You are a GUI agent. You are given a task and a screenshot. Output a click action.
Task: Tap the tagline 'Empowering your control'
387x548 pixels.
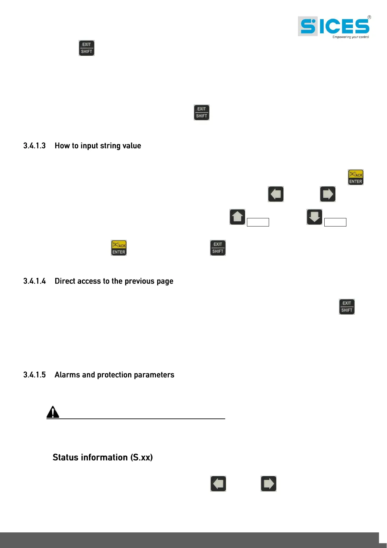pos(351,37)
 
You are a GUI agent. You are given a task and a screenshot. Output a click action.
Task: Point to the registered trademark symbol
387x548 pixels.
pos(369,17)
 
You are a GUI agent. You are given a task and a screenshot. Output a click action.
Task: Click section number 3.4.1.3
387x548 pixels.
pos(34,146)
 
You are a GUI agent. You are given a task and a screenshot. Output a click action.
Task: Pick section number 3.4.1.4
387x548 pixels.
pos(34,281)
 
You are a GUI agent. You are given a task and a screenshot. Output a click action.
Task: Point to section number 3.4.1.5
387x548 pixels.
pos(34,375)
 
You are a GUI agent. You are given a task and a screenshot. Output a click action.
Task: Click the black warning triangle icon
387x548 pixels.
pos(53,412)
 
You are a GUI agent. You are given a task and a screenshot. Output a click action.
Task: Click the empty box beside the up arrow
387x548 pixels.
pos(258,222)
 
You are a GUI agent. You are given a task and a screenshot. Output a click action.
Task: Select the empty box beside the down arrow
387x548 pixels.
pos(335,222)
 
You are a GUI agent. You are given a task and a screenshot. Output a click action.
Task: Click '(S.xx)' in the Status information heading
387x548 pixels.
pos(141,458)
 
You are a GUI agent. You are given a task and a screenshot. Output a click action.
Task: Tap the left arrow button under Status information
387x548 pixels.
pos(218,484)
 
